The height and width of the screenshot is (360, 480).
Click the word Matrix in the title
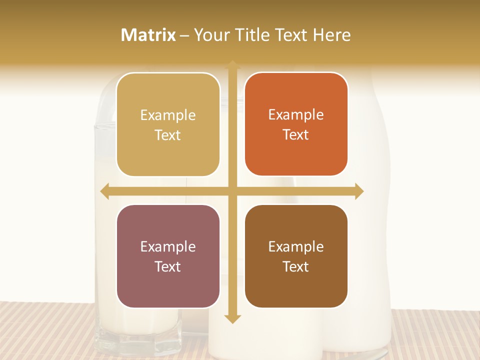tap(148, 35)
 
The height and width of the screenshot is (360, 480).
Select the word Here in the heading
tap(331, 35)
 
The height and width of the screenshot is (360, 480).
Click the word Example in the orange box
tap(296, 115)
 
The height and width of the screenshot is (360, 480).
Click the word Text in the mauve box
tap(167, 267)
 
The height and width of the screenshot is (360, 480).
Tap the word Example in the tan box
tap(168, 115)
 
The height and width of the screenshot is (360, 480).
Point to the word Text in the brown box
tap(295, 267)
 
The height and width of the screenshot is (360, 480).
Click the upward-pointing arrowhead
tap(232, 65)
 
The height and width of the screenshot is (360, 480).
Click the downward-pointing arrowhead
tap(232, 319)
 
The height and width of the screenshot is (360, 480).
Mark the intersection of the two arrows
tap(232, 191)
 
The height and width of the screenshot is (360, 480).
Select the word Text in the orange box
tap(295, 135)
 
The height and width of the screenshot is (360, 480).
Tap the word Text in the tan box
tap(167, 135)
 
